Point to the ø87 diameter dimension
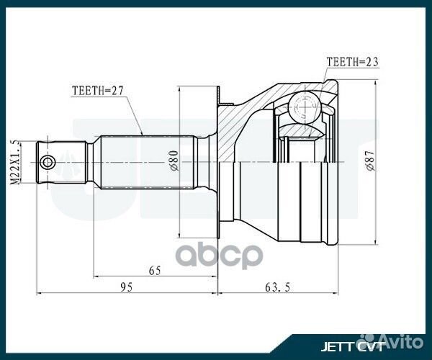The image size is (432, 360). click(x=369, y=161)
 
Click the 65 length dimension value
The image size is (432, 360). click(x=155, y=270)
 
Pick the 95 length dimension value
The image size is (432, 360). click(x=126, y=287)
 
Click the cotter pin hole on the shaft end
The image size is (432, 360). click(x=48, y=162)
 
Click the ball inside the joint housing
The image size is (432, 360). click(x=302, y=109)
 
